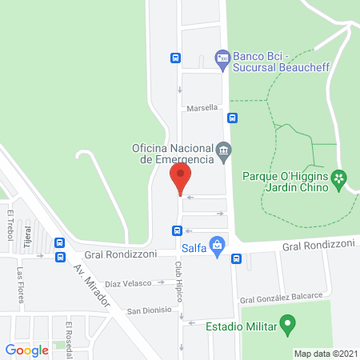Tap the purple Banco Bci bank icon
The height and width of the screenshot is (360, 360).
point(222,57)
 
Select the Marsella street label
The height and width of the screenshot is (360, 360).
point(202,108)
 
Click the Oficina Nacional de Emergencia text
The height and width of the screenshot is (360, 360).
point(172,153)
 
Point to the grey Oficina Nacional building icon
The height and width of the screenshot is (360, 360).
point(224,149)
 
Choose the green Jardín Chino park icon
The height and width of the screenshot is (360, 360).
point(339,178)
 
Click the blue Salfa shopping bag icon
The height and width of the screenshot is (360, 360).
point(215,244)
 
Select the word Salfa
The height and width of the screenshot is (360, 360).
point(194,248)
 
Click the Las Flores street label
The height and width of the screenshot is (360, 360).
point(19,284)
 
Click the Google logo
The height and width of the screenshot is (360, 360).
point(26,350)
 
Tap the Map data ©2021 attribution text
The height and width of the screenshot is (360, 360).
point(326,354)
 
